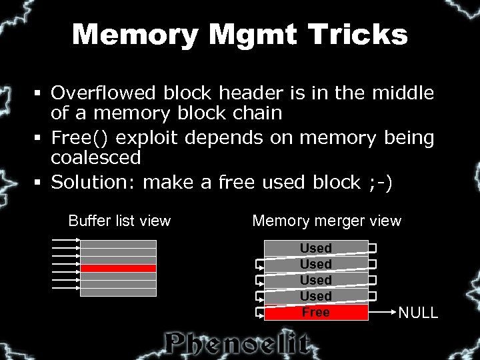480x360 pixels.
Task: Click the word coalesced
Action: pyautogui.click(x=96, y=158)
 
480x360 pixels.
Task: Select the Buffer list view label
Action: pyautogui.click(x=119, y=221)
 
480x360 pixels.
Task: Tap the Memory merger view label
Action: pyautogui.click(x=327, y=221)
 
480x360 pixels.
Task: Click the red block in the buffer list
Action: pyautogui.click(x=118, y=268)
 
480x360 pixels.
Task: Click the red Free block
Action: pyautogui.click(x=316, y=312)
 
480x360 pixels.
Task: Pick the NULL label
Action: pyautogui.click(x=418, y=313)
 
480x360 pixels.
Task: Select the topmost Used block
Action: pyautogui.click(x=316, y=248)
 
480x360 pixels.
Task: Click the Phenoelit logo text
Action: pyautogui.click(x=238, y=343)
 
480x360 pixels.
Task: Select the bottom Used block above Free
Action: pyautogui.click(x=316, y=296)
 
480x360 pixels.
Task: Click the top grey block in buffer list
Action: pyautogui.click(x=118, y=244)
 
